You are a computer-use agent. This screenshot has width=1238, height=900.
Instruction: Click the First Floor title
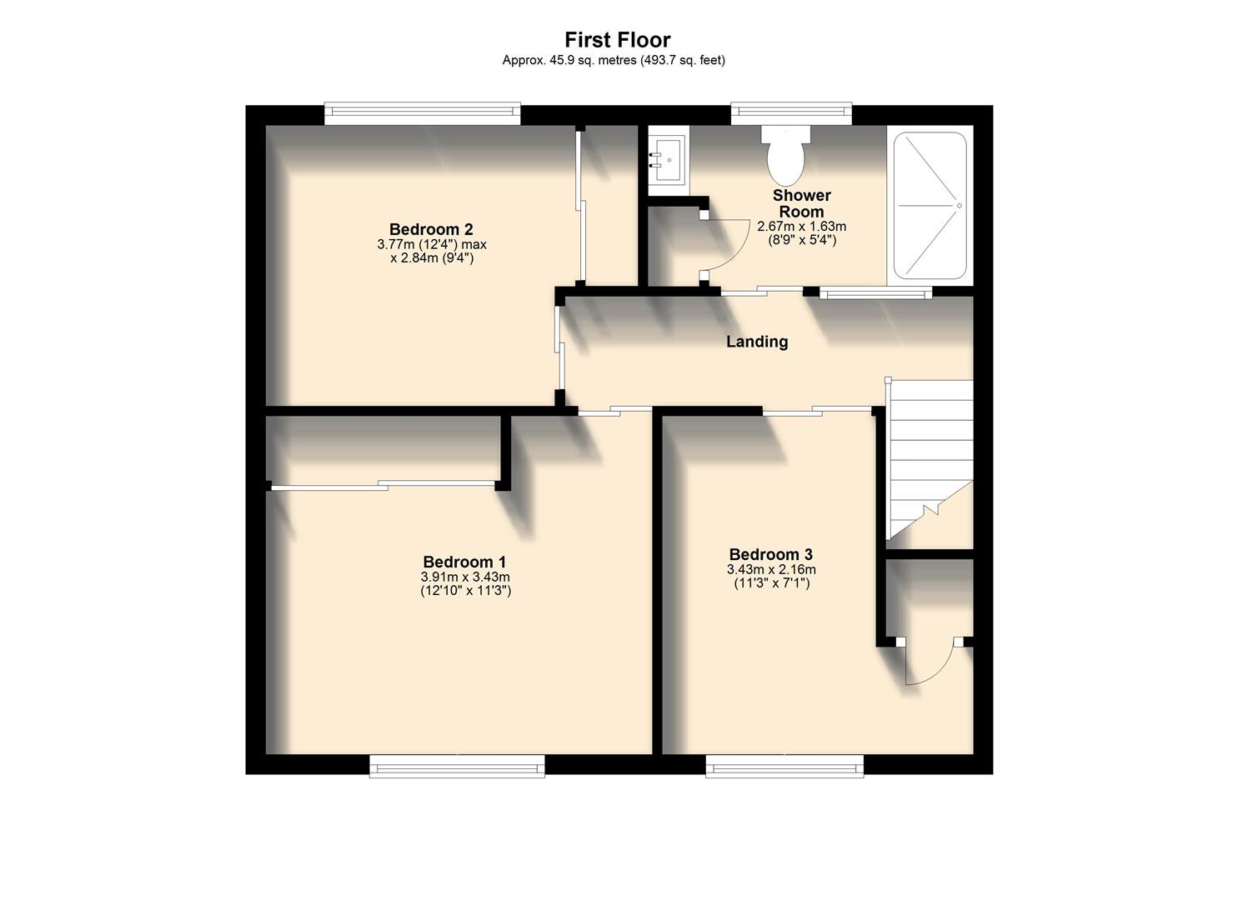[617, 39]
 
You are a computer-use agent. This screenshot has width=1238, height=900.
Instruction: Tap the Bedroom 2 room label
[431, 229]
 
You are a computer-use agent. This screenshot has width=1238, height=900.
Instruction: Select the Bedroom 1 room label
[464, 562]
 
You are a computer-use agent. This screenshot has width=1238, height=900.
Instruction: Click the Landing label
[757, 341]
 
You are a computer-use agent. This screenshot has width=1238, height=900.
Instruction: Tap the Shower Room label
[801, 203]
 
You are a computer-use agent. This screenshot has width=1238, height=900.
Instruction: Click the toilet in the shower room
[785, 156]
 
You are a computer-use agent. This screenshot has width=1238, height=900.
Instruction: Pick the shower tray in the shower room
[930, 206]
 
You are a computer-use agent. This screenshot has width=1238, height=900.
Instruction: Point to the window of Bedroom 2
[423, 114]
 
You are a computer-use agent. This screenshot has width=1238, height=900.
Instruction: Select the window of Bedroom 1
[457, 765]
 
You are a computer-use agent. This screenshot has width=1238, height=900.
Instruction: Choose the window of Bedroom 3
[784, 765]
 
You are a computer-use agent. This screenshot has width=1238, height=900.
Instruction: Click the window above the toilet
[791, 114]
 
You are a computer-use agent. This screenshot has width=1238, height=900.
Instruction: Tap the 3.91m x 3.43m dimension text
[465, 577]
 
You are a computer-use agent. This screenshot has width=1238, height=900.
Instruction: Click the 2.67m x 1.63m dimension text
[801, 227]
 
